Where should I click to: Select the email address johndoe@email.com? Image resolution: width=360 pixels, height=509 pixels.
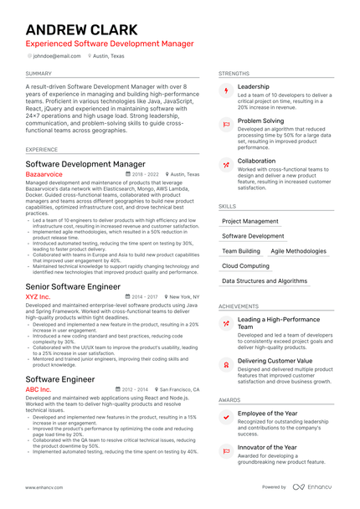click(57, 56)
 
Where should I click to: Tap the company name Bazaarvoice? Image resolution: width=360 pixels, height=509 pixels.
click(44, 175)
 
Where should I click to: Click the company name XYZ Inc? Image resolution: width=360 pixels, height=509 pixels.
click(38, 296)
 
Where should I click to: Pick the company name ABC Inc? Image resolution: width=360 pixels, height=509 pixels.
click(38, 389)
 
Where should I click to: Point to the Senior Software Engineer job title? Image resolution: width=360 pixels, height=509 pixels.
click(73, 285)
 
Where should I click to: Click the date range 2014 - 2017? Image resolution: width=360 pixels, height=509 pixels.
click(143, 296)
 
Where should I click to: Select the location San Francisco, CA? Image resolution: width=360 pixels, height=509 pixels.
click(179, 389)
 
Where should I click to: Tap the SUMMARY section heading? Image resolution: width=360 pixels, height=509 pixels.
click(39, 74)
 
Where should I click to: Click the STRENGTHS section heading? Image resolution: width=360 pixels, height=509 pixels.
click(234, 74)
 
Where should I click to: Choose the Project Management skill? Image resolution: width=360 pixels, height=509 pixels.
click(249, 222)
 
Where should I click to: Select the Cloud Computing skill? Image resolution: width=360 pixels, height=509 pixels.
click(245, 266)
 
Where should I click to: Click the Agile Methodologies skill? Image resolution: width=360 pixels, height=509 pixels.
click(298, 251)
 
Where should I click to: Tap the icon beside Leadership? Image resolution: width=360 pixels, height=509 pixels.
click(225, 90)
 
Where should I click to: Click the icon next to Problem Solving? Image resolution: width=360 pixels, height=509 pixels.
click(225, 123)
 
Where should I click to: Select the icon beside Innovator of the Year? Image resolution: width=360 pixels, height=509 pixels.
click(225, 450)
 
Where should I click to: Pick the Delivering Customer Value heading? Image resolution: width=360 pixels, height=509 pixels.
click(275, 361)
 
